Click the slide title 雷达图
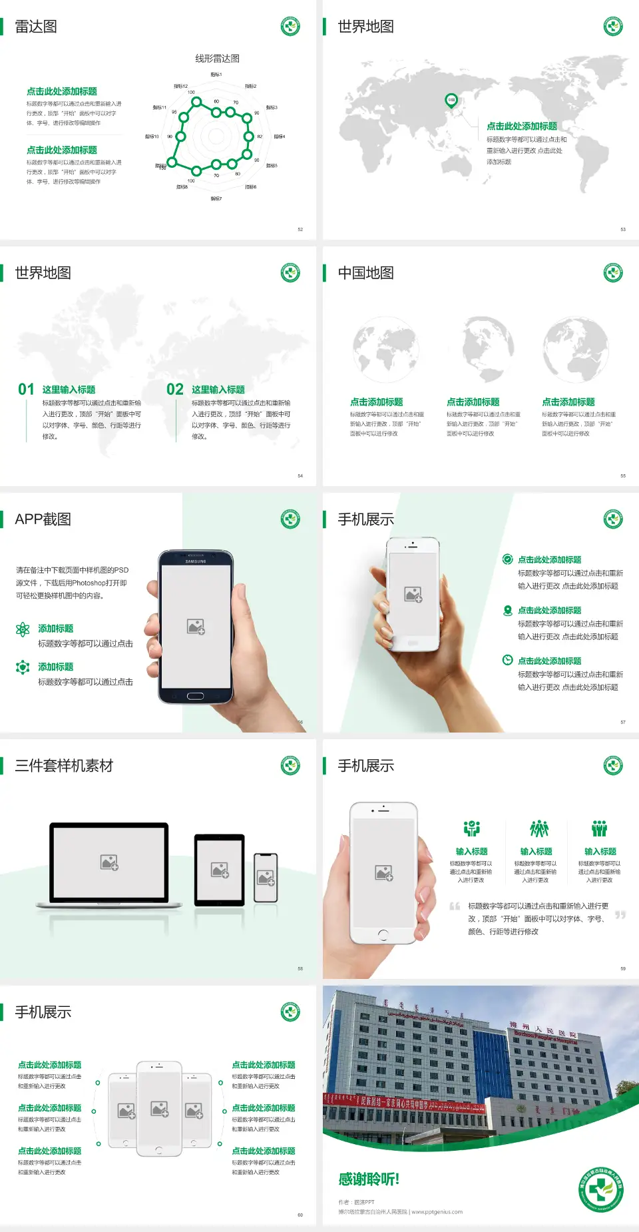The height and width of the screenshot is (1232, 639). [36, 27]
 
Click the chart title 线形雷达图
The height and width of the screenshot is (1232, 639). [217, 59]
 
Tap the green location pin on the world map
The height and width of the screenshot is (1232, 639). [451, 101]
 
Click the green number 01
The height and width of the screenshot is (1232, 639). [26, 390]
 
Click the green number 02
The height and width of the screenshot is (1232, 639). [175, 390]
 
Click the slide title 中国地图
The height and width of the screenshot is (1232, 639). [365, 273]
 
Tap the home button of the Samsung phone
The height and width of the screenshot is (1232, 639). [195, 696]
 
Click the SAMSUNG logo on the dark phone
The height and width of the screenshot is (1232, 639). [196, 561]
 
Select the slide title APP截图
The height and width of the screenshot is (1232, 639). [43, 519]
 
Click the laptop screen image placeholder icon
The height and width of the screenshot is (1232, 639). [109, 862]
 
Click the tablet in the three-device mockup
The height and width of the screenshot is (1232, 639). [220, 869]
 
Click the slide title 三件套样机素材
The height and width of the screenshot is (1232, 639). [64, 766]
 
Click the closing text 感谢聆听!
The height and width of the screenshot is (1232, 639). [369, 1179]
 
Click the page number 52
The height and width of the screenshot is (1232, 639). [300, 229]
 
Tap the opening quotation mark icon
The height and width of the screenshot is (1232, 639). [455, 906]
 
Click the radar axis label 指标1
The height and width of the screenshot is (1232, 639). [216, 75]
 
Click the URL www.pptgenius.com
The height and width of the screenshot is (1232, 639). [437, 1212]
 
